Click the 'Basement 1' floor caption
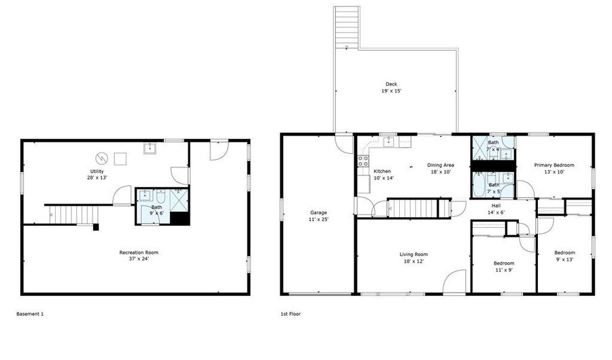(30, 314)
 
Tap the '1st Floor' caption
(290, 314)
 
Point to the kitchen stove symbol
(362, 162)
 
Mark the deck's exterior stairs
(346, 27)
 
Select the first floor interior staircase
(411, 208)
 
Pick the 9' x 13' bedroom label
(564, 257)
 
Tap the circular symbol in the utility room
(103, 158)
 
